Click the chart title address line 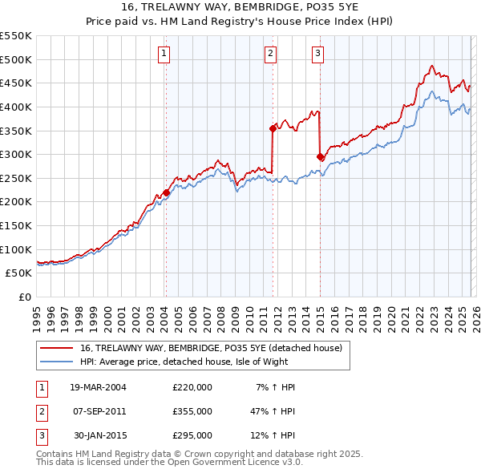240,7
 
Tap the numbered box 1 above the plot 164,54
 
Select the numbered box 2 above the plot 271,54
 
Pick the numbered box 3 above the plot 317,54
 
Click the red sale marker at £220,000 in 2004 166,192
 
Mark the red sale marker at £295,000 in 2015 321,157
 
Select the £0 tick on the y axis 25,297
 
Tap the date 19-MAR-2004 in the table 98,387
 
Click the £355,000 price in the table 192,411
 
